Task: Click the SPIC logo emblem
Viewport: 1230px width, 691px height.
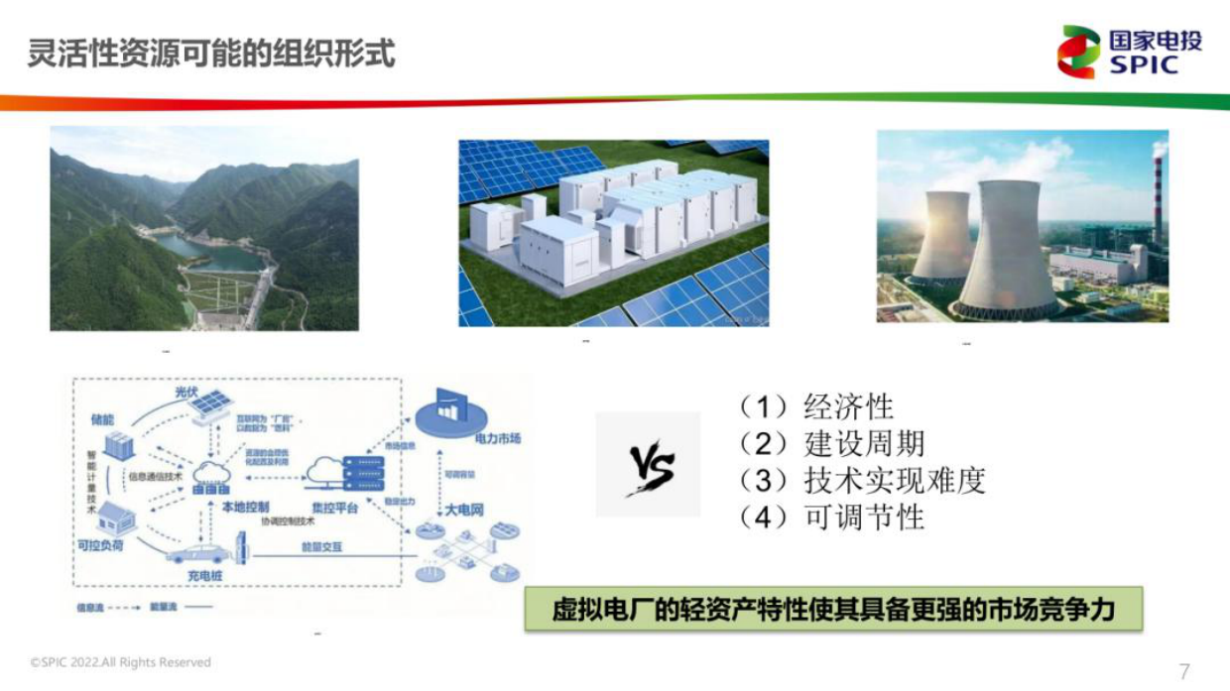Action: [1079, 52]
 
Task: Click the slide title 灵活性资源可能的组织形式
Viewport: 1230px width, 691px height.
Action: [210, 53]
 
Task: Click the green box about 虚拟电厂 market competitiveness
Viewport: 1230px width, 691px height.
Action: [833, 609]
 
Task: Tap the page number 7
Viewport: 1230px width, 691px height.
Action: [1183, 670]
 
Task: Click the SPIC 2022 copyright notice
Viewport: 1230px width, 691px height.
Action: [120, 662]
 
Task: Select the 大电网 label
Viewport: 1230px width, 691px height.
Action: [464, 510]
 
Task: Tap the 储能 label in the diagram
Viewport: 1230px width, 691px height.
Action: [103, 420]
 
